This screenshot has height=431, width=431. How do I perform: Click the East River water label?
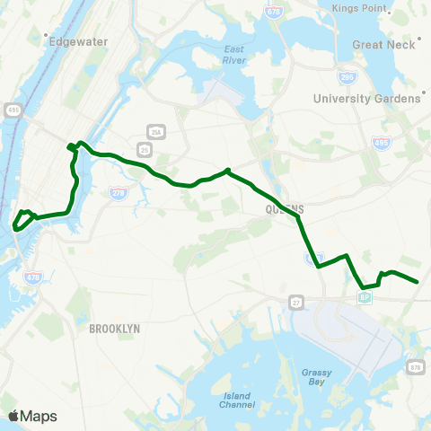[x=234, y=54]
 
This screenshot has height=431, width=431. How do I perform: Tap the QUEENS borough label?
[x=285, y=207]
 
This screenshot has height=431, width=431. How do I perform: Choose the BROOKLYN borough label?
[x=115, y=330]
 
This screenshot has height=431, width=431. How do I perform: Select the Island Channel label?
[x=236, y=400]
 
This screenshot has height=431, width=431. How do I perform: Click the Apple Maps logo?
[x=32, y=416]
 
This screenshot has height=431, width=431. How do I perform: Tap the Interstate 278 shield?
[x=118, y=192]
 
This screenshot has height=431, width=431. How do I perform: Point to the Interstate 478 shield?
[x=33, y=277]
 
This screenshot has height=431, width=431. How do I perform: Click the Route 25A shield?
[x=156, y=133]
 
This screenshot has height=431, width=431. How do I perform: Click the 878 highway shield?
[x=414, y=367]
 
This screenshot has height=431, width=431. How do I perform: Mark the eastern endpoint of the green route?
[x=418, y=282]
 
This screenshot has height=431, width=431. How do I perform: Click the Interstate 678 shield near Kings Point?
[x=273, y=10]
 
